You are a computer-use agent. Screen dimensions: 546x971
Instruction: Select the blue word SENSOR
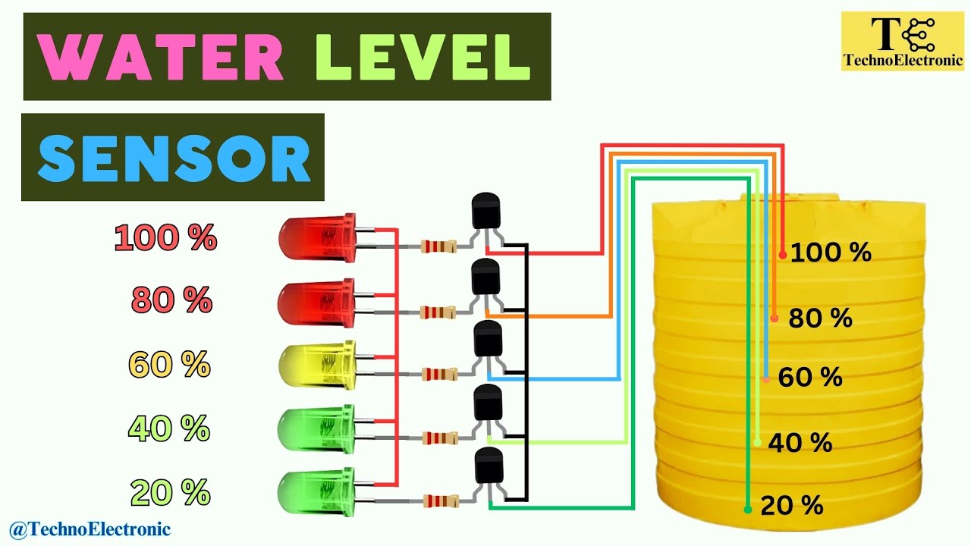click(174, 158)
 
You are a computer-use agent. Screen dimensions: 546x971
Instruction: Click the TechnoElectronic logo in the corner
click(901, 42)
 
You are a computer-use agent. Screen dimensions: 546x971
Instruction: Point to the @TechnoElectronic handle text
click(90, 529)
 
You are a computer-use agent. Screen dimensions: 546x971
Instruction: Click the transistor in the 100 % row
click(486, 212)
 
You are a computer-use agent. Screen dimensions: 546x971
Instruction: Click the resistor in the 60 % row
click(439, 373)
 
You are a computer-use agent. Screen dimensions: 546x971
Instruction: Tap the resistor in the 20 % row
click(439, 500)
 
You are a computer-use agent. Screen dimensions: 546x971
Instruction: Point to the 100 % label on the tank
click(831, 253)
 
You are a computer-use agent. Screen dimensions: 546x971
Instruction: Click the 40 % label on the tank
click(800, 443)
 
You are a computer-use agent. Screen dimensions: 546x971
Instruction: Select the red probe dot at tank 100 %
click(783, 255)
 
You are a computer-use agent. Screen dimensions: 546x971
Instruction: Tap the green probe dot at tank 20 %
click(748, 509)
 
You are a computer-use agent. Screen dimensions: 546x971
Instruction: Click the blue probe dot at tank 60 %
click(766, 378)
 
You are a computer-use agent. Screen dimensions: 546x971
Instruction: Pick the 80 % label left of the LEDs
click(171, 301)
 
